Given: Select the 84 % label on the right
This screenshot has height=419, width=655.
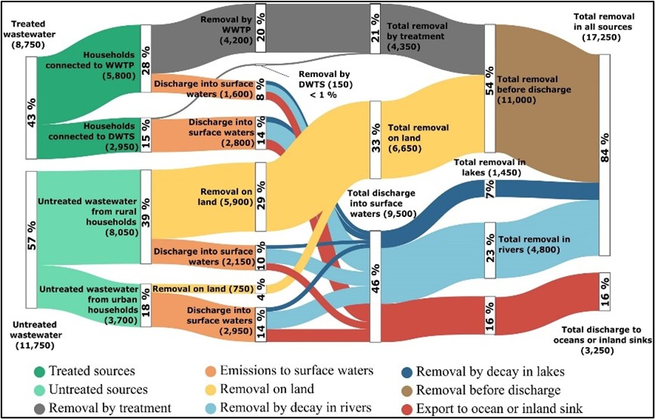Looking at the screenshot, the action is point(604,144).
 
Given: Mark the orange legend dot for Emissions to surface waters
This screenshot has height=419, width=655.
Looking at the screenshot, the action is point(211,371).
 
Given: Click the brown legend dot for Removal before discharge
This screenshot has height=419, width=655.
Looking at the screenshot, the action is point(407,390).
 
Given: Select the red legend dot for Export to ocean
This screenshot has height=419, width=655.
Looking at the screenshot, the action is point(407,408).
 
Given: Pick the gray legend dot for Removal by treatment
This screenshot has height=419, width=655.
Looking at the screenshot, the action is point(40,408).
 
